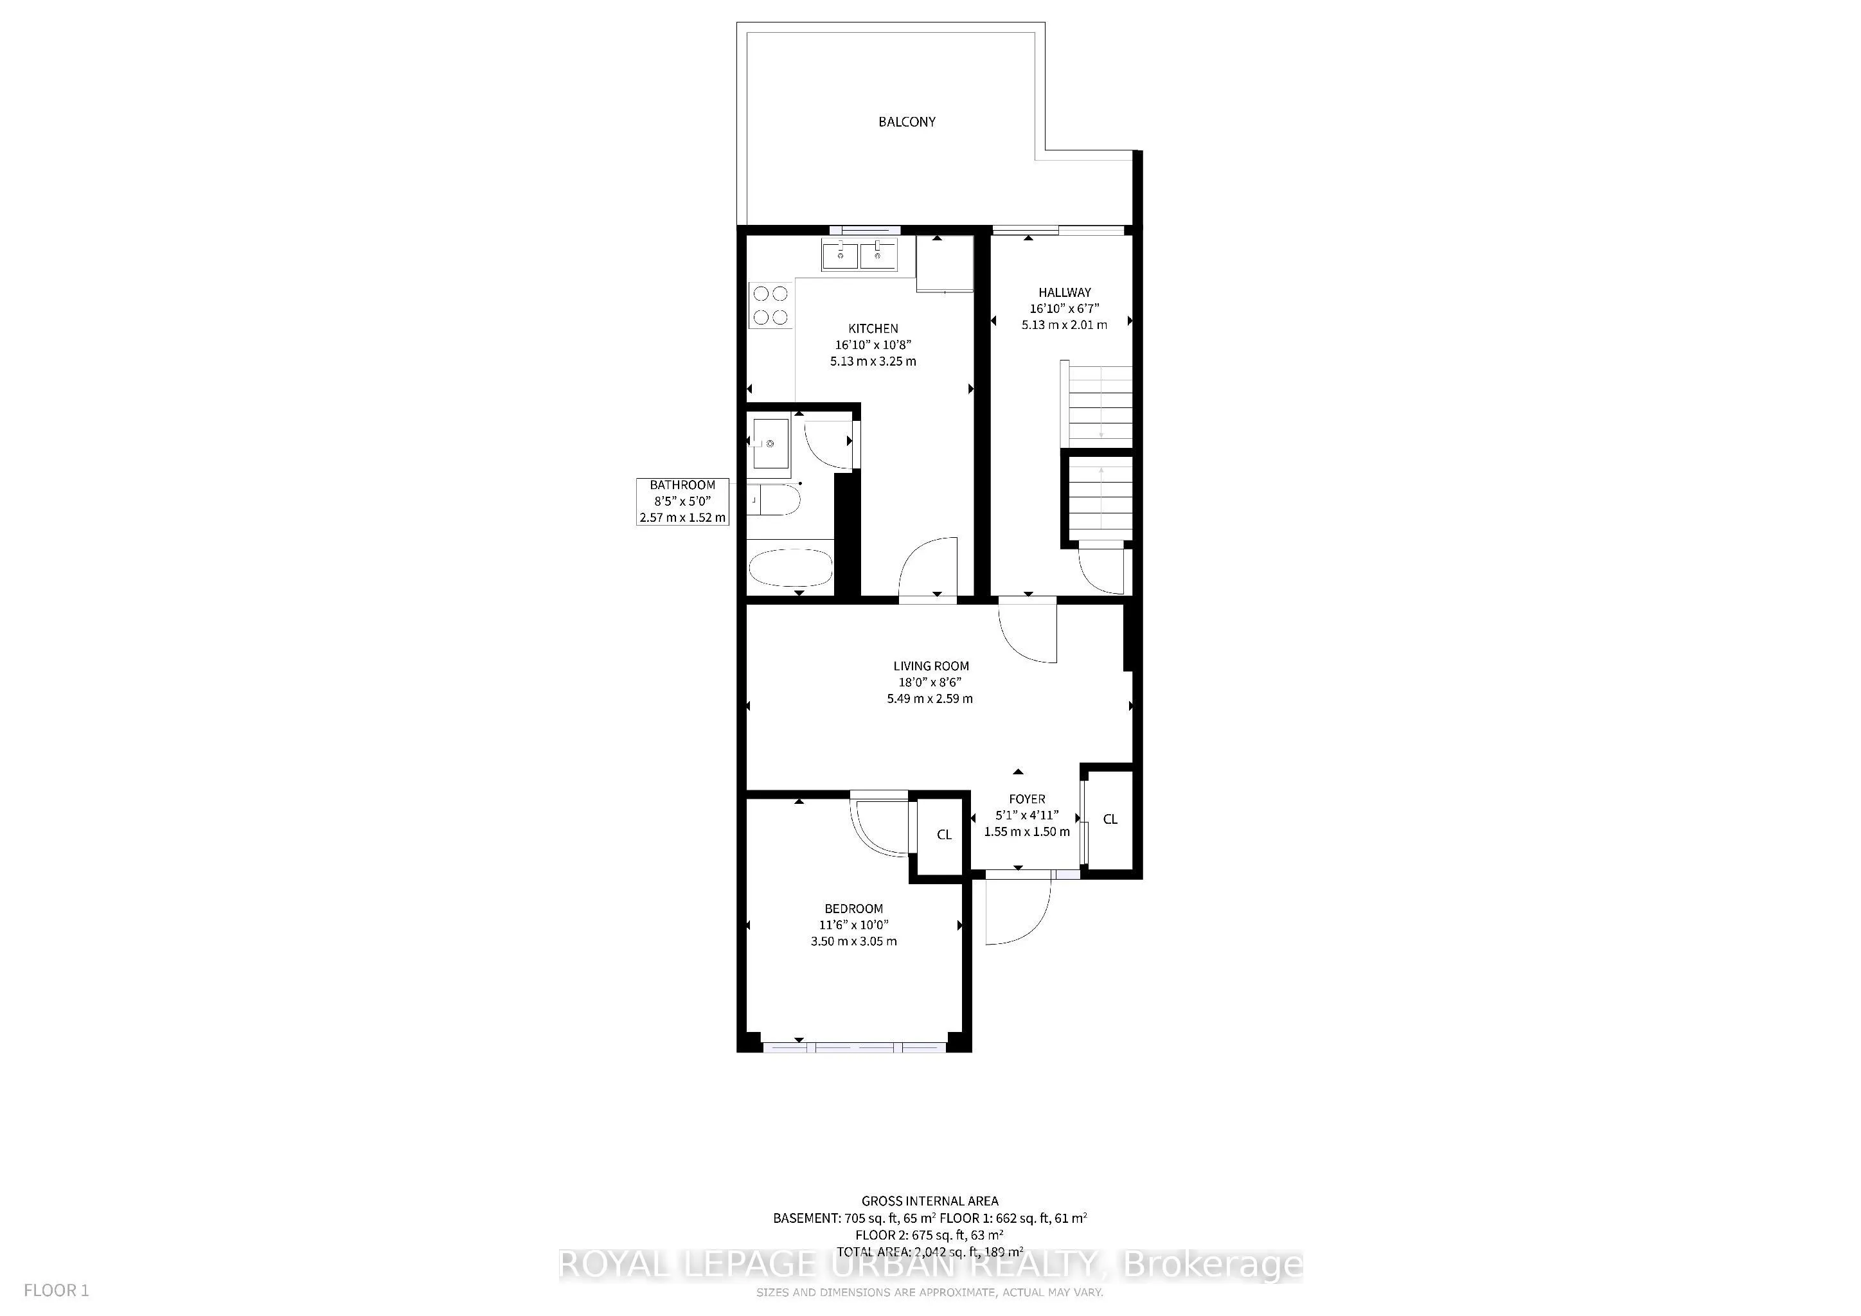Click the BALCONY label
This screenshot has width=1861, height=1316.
[906, 121]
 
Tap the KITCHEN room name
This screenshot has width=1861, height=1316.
[873, 328]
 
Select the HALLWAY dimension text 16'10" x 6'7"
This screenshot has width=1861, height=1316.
[1064, 308]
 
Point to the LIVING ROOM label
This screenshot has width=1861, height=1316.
[930, 666]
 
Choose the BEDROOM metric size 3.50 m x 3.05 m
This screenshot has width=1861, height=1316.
[853, 941]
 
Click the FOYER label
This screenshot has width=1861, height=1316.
[1027, 799]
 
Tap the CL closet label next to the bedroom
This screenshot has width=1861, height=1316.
[943, 835]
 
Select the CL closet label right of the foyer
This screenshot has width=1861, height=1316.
[1110, 819]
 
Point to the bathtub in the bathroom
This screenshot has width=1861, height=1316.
[790, 568]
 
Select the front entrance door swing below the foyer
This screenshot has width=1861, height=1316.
[1017, 912]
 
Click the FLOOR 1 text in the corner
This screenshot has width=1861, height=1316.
[56, 1291]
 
